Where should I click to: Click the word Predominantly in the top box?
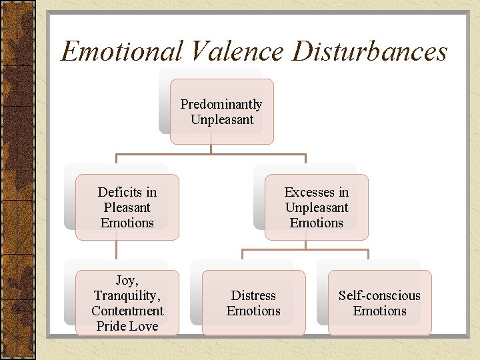tap(221, 105)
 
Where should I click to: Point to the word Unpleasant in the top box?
tap(222, 120)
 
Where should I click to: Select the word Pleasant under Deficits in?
tap(127, 207)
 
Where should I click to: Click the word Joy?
tap(127, 281)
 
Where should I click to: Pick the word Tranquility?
tap(127, 295)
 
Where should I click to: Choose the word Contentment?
tap(127, 311)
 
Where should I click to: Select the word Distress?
tap(253, 295)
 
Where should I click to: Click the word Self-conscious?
tap(379, 295)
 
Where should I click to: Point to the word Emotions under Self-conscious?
tap(379, 311)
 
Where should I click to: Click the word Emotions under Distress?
tap(253, 311)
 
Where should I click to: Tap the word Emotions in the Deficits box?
tap(127, 223)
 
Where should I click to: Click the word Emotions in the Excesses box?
tap(317, 223)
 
